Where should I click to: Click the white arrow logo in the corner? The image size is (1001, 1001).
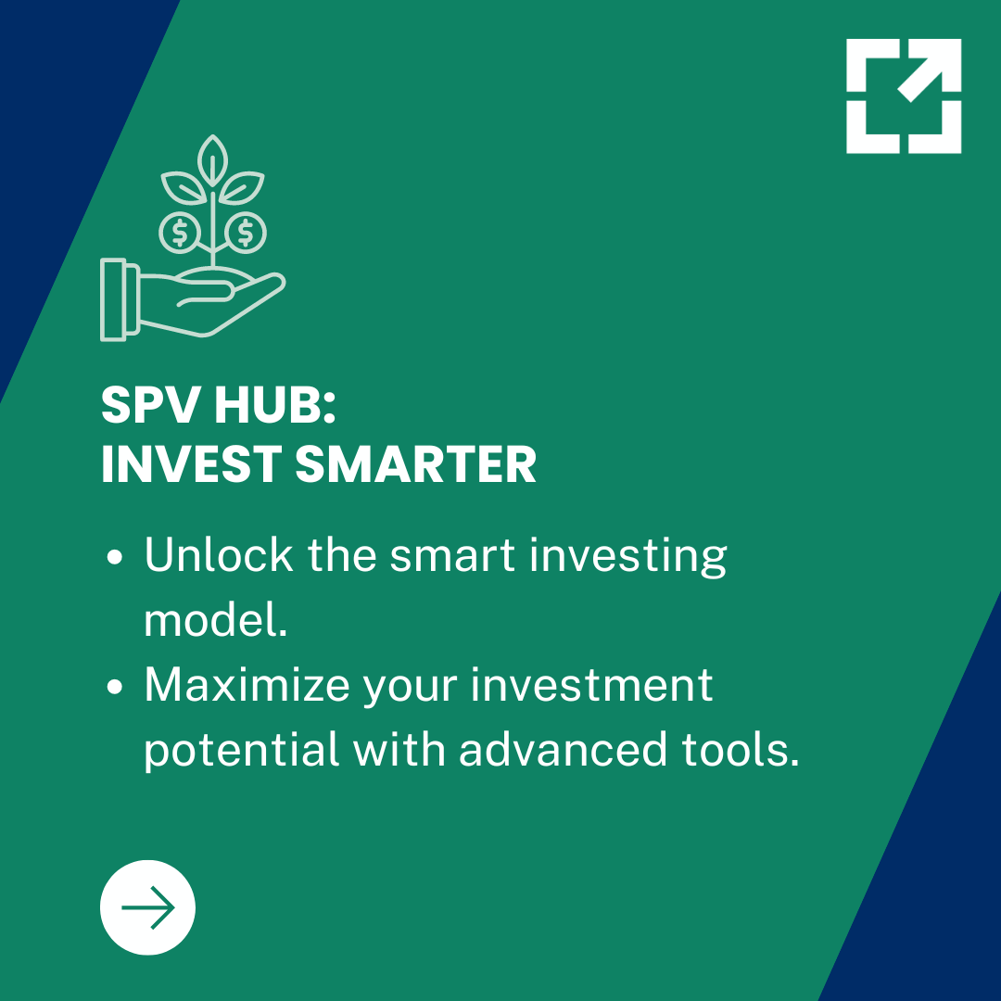pos(904,95)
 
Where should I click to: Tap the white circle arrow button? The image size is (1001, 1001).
pos(147,907)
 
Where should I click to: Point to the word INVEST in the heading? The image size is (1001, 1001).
pos(189,464)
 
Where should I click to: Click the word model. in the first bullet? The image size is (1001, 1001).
pos(215,620)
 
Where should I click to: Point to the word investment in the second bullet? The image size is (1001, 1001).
pos(592,685)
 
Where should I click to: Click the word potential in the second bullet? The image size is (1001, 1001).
pos(241,750)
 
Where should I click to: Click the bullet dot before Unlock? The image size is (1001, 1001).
pos(116,558)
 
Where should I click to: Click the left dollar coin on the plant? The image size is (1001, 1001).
pos(181,232)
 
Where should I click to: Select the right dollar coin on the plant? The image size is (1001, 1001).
pos(246,232)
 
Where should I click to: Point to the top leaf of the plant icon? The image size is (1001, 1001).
pos(214,157)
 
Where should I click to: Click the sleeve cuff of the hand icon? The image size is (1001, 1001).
pos(120,298)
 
